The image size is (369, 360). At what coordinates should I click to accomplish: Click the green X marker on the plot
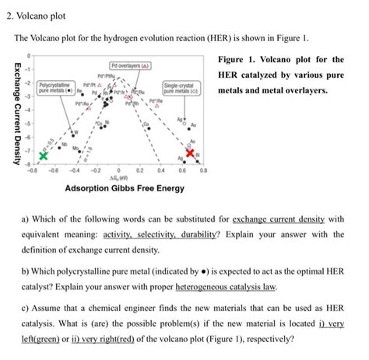43,156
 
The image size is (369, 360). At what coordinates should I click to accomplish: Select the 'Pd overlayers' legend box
130,65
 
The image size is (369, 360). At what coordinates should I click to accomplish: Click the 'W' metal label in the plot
77,131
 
